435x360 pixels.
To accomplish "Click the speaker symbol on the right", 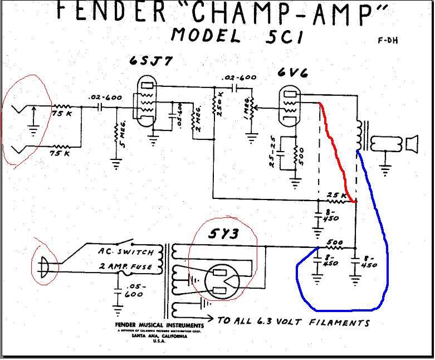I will click(x=411, y=144).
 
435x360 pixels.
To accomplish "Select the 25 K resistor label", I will click(x=336, y=195).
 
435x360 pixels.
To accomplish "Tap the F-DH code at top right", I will click(x=387, y=40).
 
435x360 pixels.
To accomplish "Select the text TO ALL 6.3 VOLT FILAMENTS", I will click(x=294, y=322).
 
